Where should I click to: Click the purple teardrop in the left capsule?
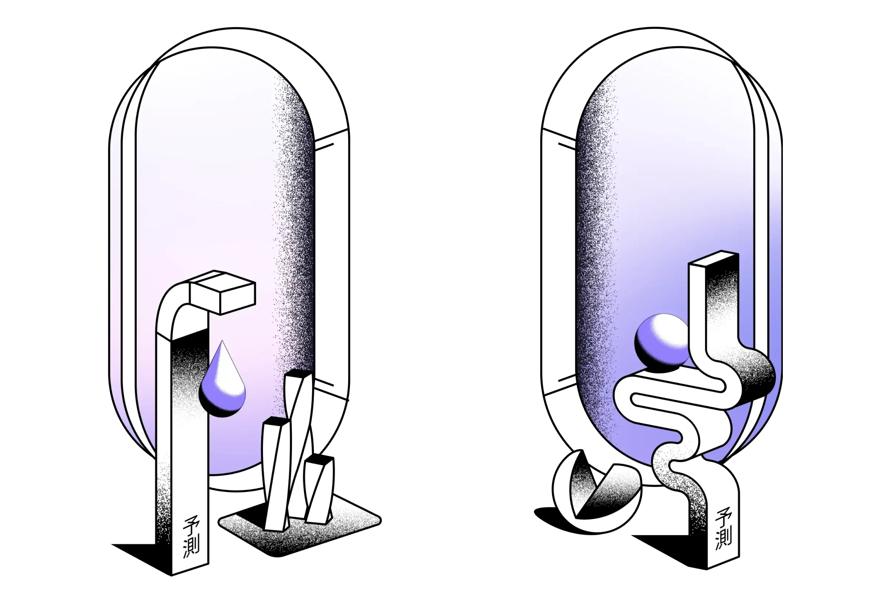coord(222,385)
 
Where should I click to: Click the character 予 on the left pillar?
coord(190,526)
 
